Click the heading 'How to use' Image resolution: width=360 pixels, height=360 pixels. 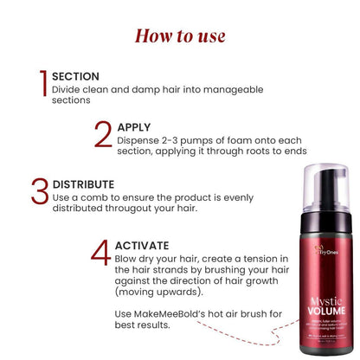pos(180,35)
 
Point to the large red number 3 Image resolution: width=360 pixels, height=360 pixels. pos(39,192)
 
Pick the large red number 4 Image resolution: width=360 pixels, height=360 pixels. pos(101,248)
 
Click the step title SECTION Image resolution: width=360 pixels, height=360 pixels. pos(75,76)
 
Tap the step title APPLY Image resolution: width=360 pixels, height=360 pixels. pos(134,127)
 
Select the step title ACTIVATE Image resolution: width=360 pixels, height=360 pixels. pos(144,245)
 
